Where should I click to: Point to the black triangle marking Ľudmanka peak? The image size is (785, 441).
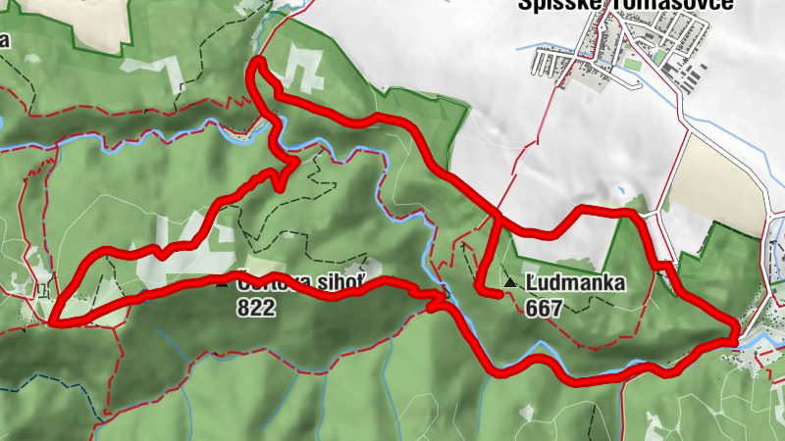(509, 284)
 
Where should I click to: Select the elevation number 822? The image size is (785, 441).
(256, 308)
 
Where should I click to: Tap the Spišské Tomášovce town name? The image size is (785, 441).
(628, 6)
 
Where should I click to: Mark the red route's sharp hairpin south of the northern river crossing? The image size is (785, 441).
(295, 163)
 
